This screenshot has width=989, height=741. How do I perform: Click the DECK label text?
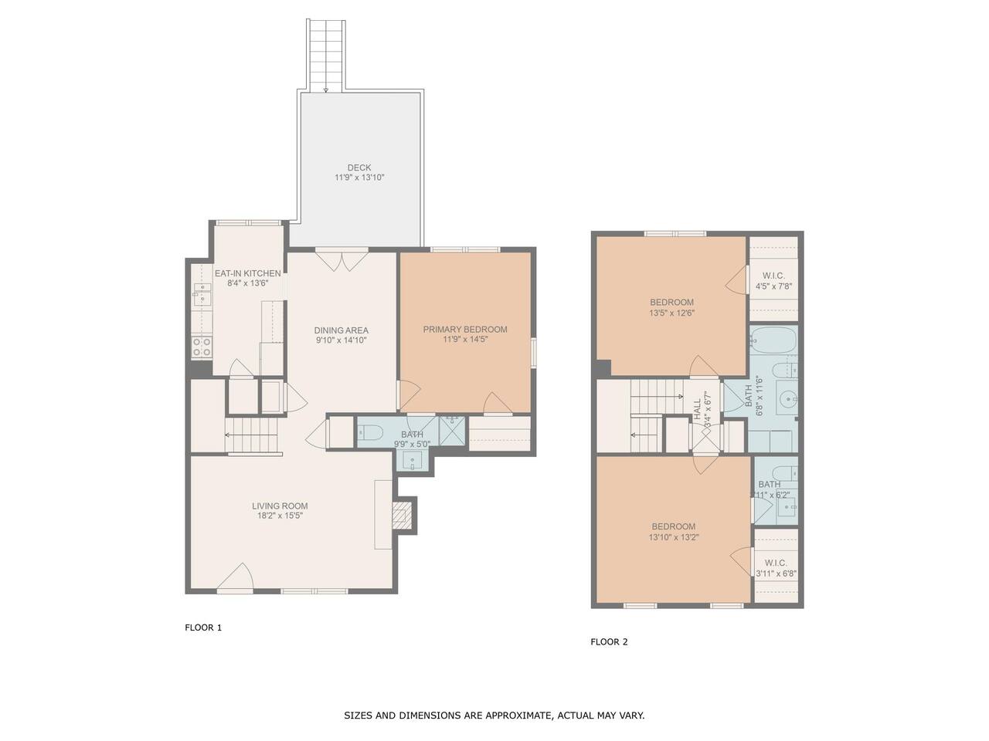(x=359, y=167)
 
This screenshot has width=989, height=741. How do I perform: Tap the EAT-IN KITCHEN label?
(x=247, y=273)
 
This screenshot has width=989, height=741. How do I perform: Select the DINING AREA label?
(x=341, y=330)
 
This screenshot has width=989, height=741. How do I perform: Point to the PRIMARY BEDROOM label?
(x=465, y=330)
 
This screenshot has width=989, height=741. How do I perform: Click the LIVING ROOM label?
(x=280, y=506)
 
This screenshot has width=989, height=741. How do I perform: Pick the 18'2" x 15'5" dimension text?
(x=280, y=516)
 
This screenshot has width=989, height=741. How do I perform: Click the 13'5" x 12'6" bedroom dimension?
(x=671, y=313)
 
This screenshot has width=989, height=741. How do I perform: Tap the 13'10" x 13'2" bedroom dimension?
(x=674, y=536)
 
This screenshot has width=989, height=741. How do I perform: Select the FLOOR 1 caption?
(x=203, y=628)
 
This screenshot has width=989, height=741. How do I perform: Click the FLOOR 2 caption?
(x=609, y=642)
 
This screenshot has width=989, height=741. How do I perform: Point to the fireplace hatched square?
(x=401, y=515)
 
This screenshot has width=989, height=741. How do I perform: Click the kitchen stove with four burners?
(x=202, y=347)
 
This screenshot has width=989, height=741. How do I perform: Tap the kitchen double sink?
(x=202, y=294)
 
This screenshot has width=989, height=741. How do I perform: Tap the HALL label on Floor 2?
(x=698, y=409)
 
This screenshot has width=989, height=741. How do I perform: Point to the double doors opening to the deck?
(x=342, y=260)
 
